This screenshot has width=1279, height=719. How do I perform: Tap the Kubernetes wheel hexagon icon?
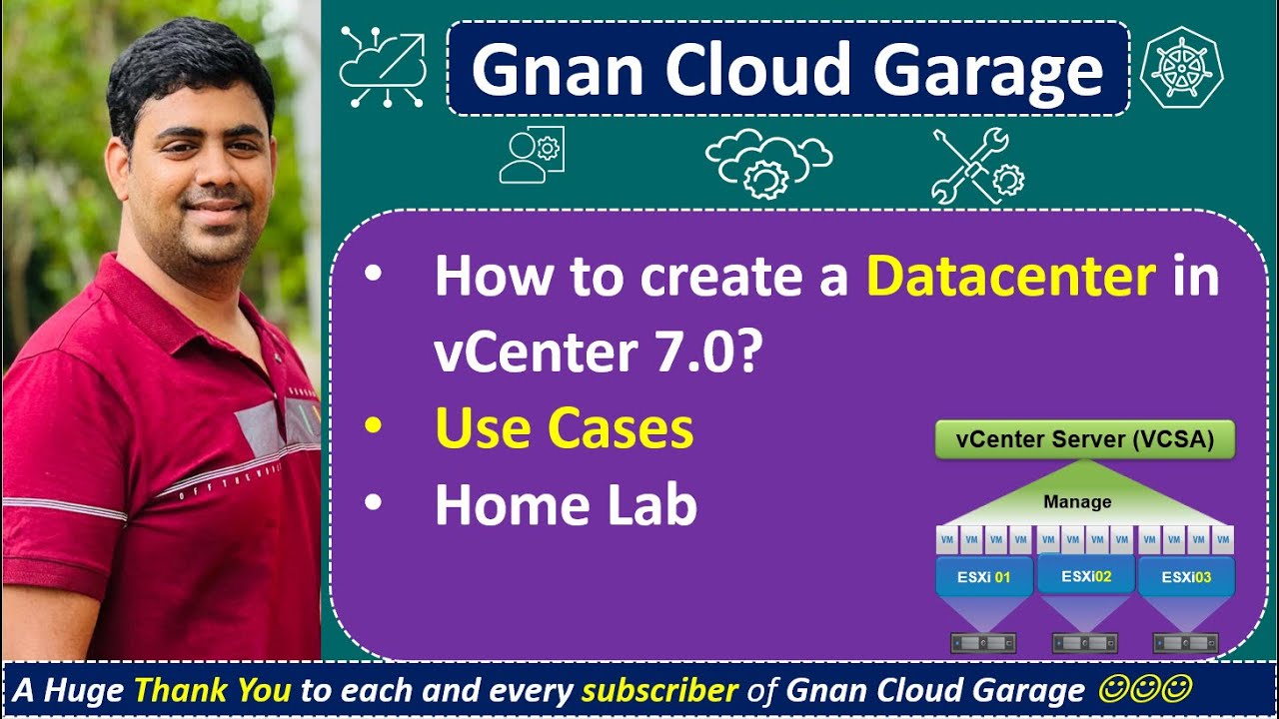click(x=1180, y=67)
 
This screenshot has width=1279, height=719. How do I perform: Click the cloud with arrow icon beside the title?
click(x=383, y=67)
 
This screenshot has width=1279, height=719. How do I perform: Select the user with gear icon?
click(x=532, y=156)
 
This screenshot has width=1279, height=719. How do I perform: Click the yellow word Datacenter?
click(x=1010, y=277)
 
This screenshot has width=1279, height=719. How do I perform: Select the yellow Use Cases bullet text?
click(x=564, y=428)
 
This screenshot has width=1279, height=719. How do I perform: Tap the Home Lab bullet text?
click(x=565, y=505)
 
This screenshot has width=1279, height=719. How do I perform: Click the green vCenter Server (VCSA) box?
click(x=1084, y=439)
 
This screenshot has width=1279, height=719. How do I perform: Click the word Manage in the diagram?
click(x=1076, y=501)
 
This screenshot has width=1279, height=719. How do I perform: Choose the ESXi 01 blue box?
click(x=983, y=577)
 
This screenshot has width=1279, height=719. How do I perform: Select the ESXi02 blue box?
click(x=1086, y=575)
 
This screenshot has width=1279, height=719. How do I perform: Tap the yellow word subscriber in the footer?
click(x=659, y=690)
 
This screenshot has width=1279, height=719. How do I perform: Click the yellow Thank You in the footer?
click(x=212, y=690)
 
